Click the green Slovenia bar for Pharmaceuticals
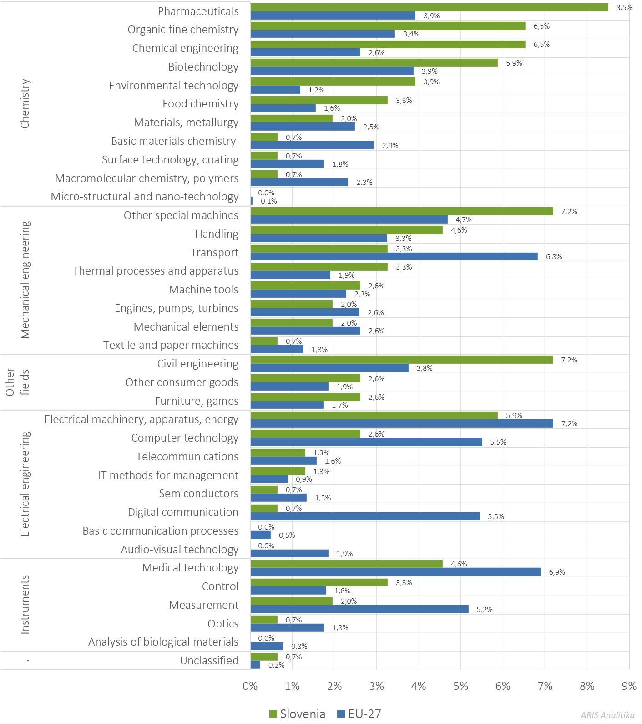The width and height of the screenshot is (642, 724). click(429, 7)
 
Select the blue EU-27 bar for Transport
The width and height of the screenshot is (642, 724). click(394, 257)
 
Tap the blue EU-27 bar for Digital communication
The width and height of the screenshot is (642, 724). click(365, 516)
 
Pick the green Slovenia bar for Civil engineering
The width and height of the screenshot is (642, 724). click(401, 360)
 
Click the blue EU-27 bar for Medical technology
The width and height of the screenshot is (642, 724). click(395, 572)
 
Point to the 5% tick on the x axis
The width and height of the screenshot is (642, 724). click(460, 686)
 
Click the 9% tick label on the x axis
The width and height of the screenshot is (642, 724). click(629, 686)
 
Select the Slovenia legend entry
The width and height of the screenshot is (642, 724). click(298, 714)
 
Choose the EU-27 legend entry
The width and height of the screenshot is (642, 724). click(359, 714)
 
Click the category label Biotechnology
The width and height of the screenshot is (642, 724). click(203, 67)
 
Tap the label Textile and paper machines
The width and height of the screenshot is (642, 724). click(171, 345)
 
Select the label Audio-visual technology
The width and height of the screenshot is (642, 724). click(179, 550)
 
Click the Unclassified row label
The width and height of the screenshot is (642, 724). click(209, 661)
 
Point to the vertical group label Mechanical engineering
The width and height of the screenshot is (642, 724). click(25, 280)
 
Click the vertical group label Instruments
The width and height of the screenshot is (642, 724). click(25, 605)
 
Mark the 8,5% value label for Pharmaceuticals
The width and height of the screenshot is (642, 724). click(624, 7)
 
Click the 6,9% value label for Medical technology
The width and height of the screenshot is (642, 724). click(557, 572)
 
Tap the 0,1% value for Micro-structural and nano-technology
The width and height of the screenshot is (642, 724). click(268, 201)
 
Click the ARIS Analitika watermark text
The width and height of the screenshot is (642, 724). click(607, 715)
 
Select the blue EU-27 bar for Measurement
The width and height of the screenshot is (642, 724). click(359, 609)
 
